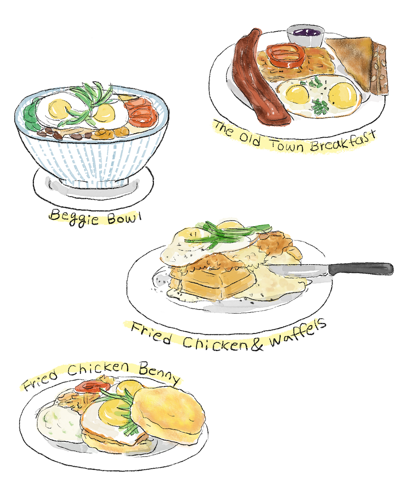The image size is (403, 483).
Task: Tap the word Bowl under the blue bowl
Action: (124, 218)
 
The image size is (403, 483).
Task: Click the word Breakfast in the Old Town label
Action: (343, 142)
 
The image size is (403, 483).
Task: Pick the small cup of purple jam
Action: (305, 36)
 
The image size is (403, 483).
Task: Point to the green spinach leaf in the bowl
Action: (32, 115)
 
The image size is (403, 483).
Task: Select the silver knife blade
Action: (299, 270)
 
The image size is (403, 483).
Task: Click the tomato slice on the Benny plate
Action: (93, 386)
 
